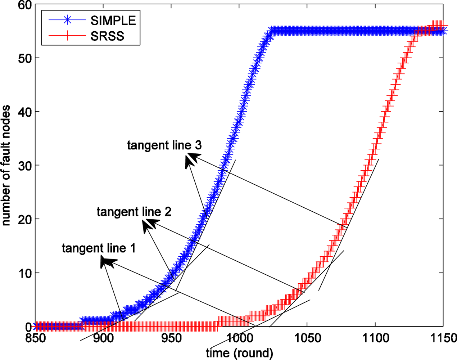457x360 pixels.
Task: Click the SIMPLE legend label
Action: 113,21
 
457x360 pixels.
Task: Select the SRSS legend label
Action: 107,36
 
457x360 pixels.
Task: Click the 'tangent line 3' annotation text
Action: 164,145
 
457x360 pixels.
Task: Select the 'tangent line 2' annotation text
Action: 134,212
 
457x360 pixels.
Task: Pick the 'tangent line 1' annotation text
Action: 99,248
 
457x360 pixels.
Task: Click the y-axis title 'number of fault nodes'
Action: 6,166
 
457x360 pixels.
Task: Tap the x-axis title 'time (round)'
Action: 239,352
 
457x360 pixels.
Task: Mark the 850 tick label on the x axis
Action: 35,338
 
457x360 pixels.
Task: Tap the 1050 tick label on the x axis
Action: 307,338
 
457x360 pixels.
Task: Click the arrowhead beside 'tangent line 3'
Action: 191,159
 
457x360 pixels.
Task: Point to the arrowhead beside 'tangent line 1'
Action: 107,261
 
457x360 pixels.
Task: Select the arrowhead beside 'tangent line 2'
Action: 148,225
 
